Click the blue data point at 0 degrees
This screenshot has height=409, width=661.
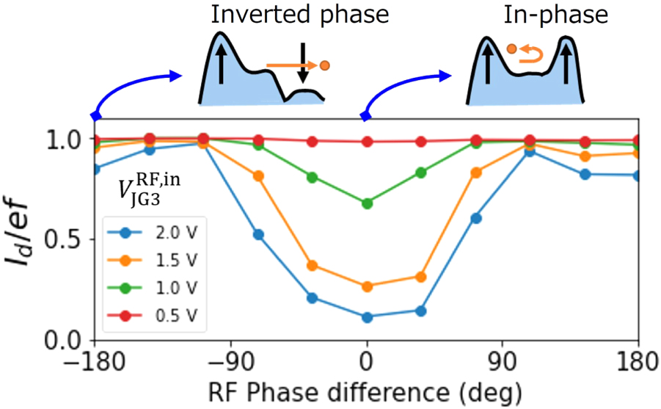pyautogui.click(x=367, y=317)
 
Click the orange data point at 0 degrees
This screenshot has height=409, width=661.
pyautogui.click(x=367, y=286)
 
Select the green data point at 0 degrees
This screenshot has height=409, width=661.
pyautogui.click(x=367, y=203)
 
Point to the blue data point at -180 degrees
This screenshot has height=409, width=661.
pyautogui.click(x=95, y=169)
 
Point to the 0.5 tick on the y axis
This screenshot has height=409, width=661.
pyautogui.click(x=70, y=240)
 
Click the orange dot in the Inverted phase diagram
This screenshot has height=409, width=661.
pyautogui.click(x=325, y=65)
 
